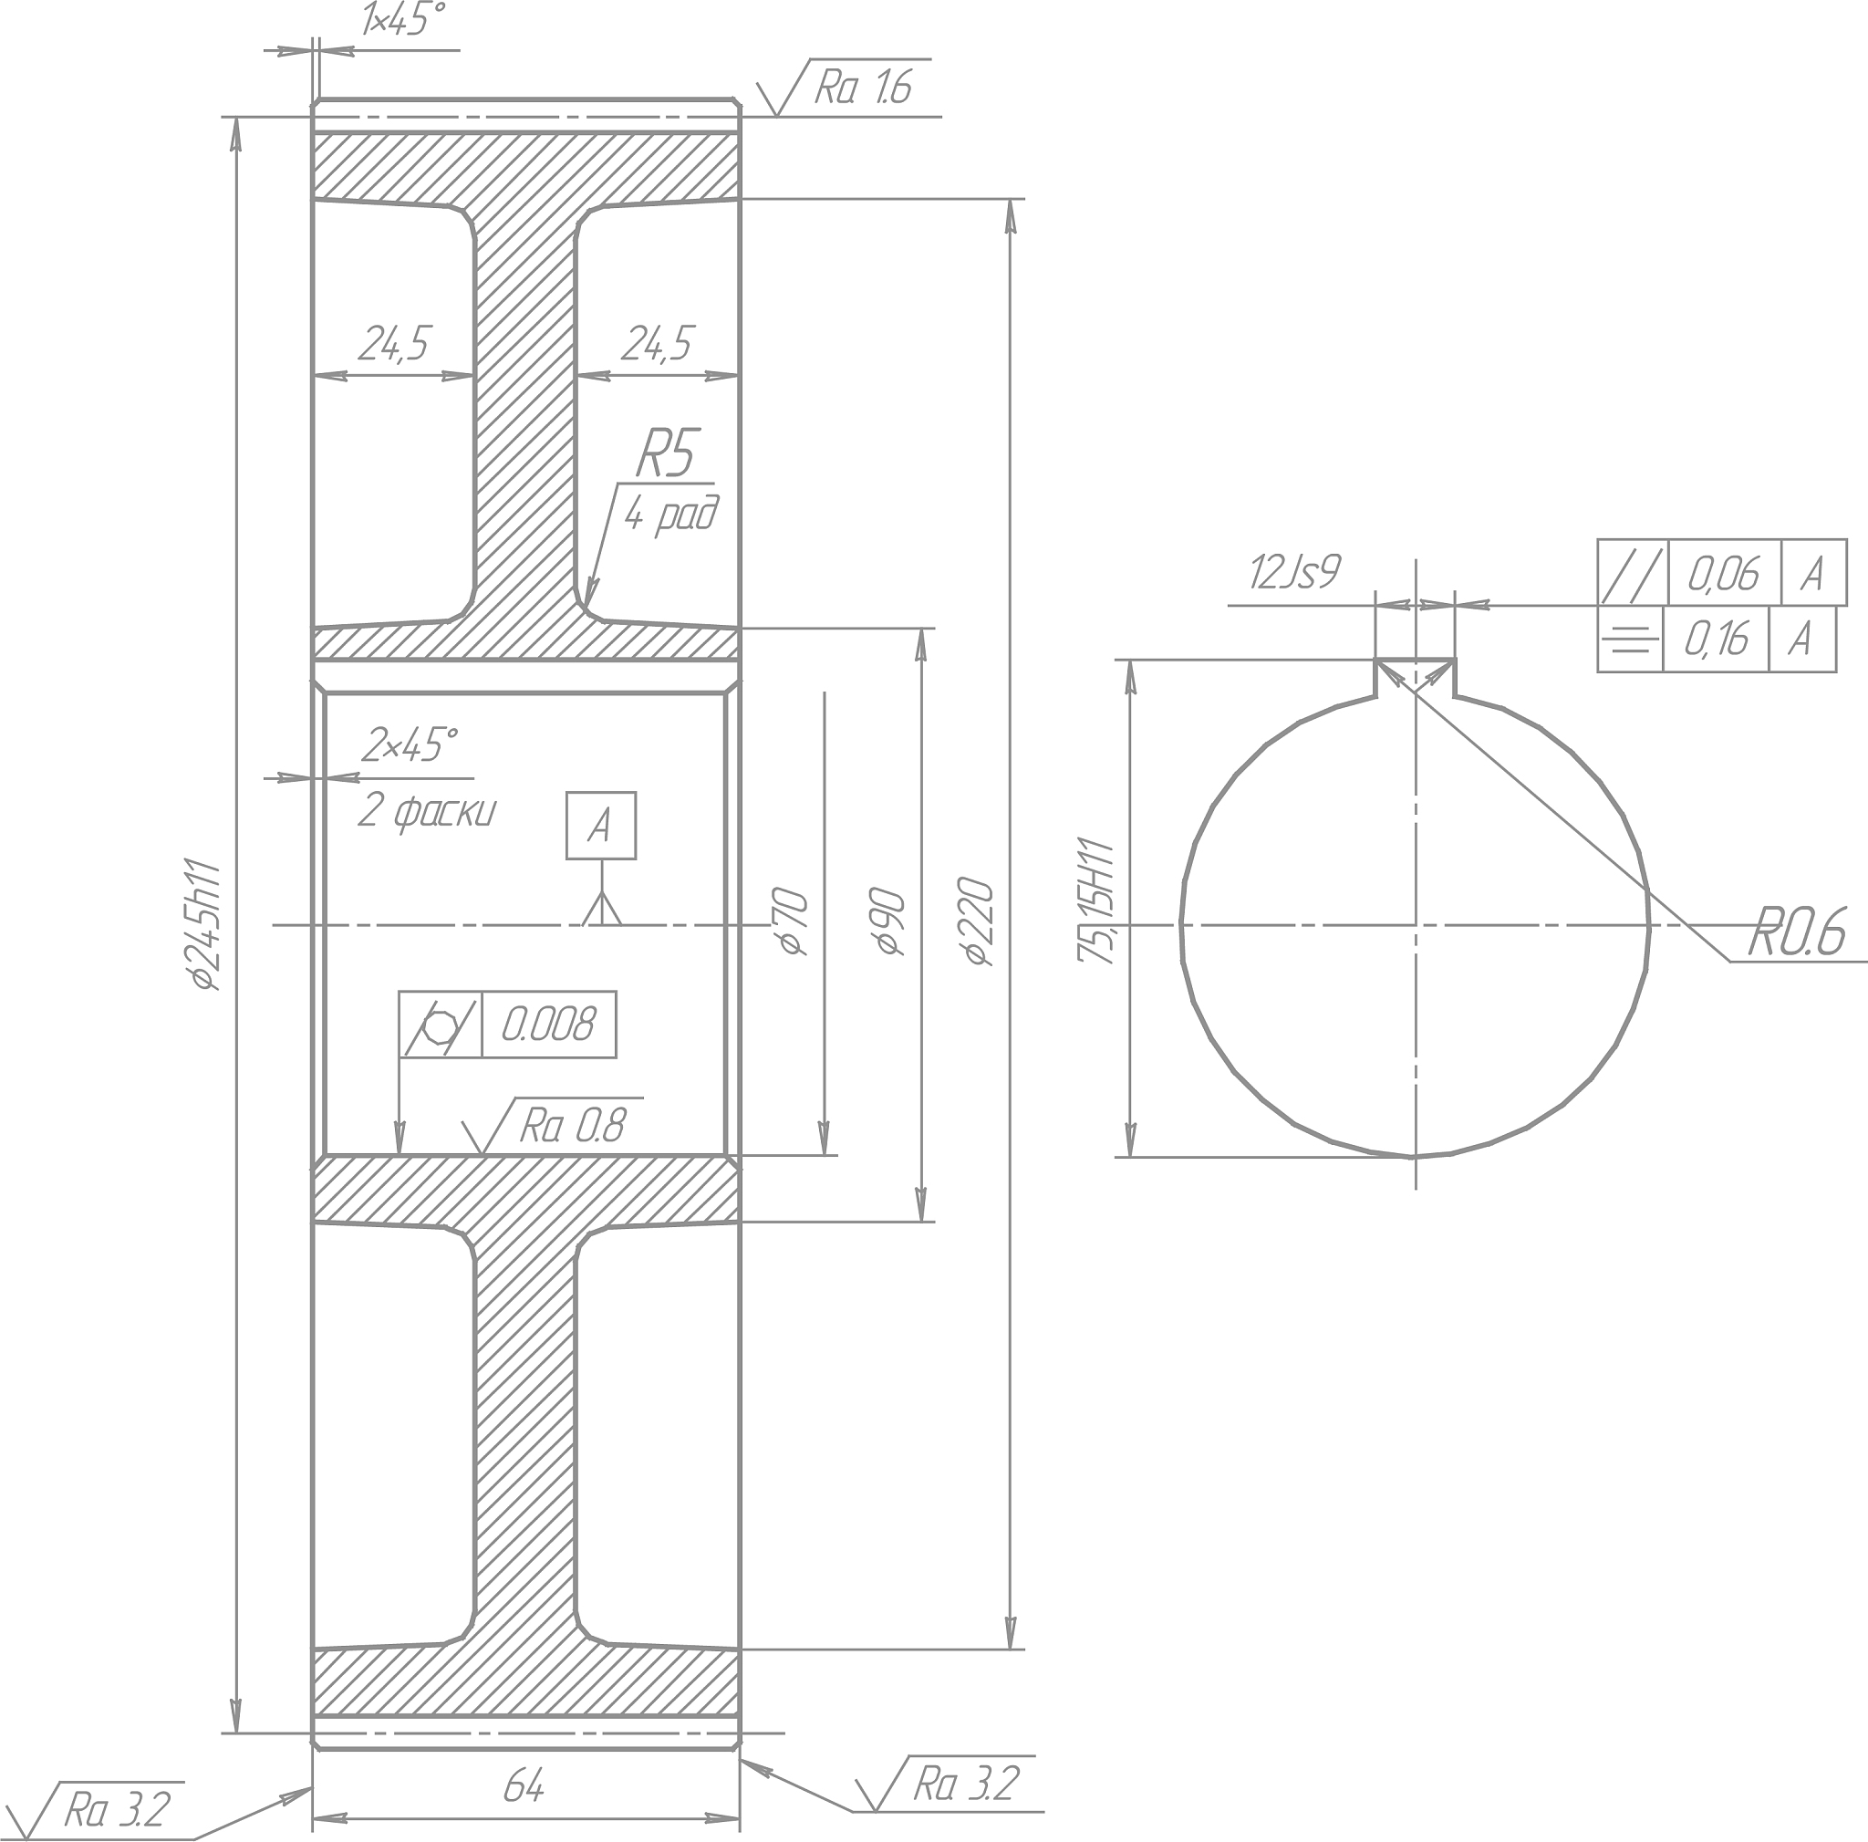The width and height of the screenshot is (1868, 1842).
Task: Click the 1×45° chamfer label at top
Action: click(403, 19)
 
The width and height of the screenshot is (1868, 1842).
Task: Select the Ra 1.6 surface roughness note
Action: click(864, 88)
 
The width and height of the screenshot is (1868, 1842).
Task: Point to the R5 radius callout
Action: click(667, 453)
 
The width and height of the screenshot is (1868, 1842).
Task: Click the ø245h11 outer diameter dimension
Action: click(206, 924)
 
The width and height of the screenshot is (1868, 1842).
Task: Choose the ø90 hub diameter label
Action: click(889, 922)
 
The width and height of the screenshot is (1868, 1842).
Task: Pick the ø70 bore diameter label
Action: click(791, 922)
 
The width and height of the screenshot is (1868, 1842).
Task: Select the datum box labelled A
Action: click(601, 826)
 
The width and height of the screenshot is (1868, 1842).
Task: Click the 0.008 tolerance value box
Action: click(548, 1024)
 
